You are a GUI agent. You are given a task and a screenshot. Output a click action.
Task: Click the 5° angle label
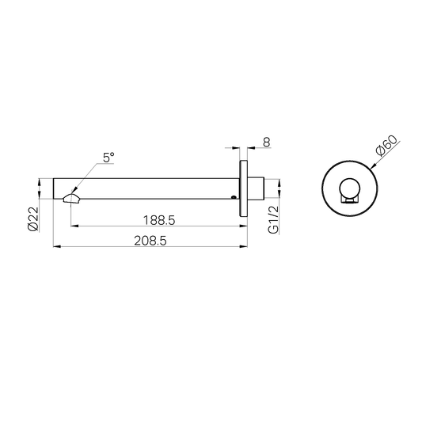click(x=108, y=158)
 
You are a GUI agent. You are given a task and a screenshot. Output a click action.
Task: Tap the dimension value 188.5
click(x=159, y=220)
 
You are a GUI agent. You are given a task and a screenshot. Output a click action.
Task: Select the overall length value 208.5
click(x=150, y=241)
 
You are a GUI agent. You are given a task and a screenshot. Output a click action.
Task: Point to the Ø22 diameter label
click(x=33, y=219)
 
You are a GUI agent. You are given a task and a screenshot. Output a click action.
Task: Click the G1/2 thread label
click(x=273, y=220)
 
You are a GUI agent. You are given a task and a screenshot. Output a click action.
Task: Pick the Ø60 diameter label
click(x=387, y=146)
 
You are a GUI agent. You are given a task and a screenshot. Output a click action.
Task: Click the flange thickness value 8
click(x=267, y=143)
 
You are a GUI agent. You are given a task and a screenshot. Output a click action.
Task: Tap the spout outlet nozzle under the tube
click(x=71, y=199)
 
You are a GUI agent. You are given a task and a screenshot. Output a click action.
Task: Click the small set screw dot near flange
click(x=234, y=197)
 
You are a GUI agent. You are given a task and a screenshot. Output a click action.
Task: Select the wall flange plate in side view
click(x=244, y=188)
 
